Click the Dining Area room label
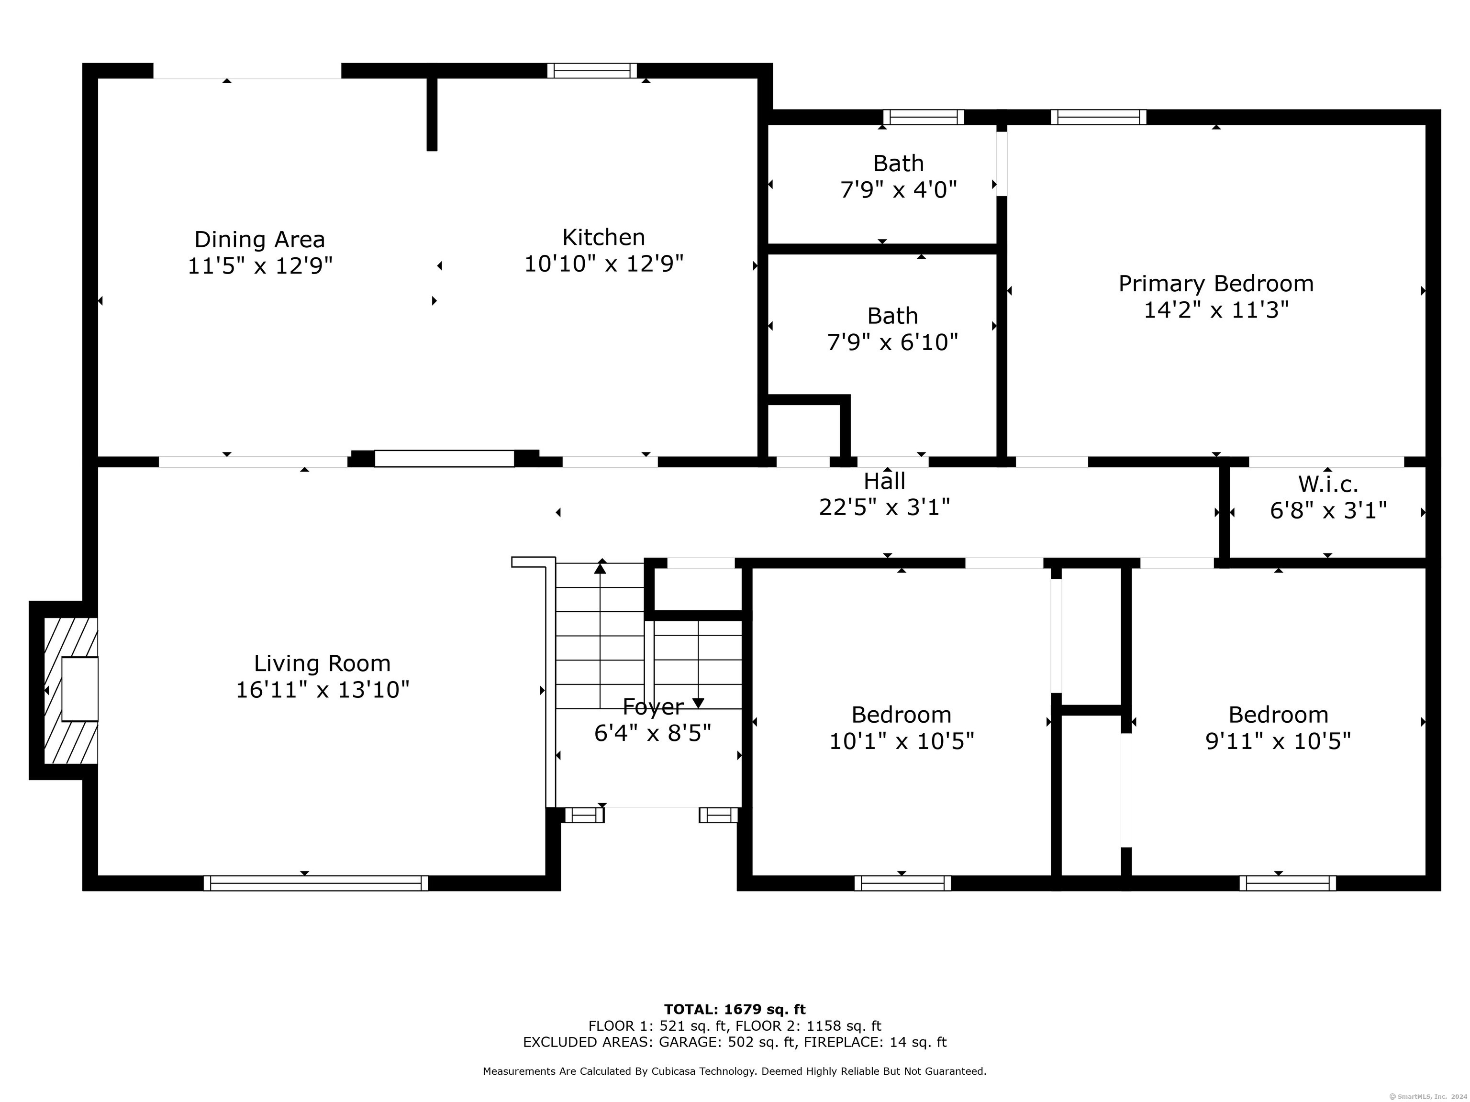[260, 239]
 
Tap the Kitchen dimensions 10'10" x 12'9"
[604, 264]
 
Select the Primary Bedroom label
[1216, 284]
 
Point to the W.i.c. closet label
[1328, 484]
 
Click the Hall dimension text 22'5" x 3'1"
[884, 507]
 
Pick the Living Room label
[323, 663]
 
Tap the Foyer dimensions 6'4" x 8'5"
[653, 733]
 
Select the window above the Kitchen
[592, 70]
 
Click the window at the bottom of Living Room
[316, 883]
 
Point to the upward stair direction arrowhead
[600, 567]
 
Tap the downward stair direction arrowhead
[698, 704]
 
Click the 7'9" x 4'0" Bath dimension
[899, 190]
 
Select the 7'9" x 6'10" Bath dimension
[892, 342]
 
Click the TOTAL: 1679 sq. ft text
[735, 1010]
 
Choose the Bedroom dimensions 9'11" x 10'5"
[1278, 740]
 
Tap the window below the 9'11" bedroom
[1287, 883]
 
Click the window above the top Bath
[924, 117]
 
